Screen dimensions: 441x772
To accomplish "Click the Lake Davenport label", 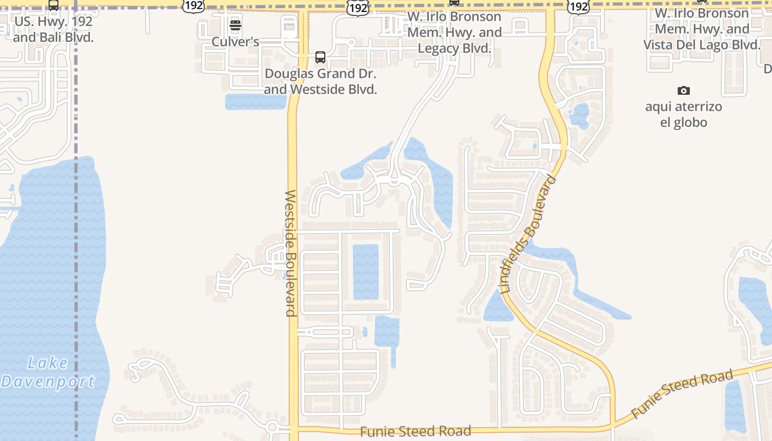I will click(x=48, y=372).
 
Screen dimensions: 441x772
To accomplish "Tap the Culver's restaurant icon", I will click(x=235, y=25).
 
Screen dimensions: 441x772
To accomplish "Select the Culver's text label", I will click(x=235, y=42).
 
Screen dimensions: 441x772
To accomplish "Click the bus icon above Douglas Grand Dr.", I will click(x=320, y=57).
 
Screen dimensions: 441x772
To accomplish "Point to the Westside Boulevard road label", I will click(x=291, y=253).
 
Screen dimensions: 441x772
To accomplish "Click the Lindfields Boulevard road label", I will click(x=528, y=234).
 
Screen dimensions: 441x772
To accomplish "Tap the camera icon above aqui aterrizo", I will click(x=683, y=90).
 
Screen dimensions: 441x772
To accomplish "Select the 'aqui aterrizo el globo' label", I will click(x=683, y=114).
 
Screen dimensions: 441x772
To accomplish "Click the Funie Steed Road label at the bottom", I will click(x=415, y=431).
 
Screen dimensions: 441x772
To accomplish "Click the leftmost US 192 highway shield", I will click(x=193, y=6).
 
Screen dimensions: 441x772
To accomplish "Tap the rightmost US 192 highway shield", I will click(x=578, y=6).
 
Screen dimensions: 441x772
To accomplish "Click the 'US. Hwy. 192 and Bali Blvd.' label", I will click(x=53, y=30).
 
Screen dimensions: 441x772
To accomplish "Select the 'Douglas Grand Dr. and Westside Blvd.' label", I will click(x=320, y=81).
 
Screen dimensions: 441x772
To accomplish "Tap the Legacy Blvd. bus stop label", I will click(x=454, y=33).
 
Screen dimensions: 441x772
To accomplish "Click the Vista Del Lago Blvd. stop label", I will click(x=701, y=29).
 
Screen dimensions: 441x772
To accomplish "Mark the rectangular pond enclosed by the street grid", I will click(x=366, y=272).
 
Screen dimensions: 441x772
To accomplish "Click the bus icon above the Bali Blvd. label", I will click(x=53, y=6).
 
